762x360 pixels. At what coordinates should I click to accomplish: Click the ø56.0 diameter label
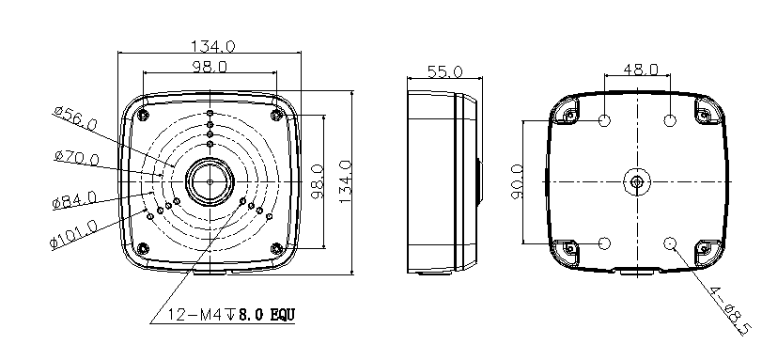tap(75, 117)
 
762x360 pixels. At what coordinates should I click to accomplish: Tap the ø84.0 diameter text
tap(74, 200)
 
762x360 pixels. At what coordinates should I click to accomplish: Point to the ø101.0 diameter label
tap(74, 234)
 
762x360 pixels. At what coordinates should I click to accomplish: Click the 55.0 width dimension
tap(444, 72)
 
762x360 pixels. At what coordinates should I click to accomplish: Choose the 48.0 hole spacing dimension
tap(641, 69)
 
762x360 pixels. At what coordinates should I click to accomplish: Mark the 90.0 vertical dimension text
tap(517, 181)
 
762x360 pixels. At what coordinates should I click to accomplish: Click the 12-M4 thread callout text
tap(231, 315)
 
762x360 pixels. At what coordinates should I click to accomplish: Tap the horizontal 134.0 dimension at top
tap(212, 46)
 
